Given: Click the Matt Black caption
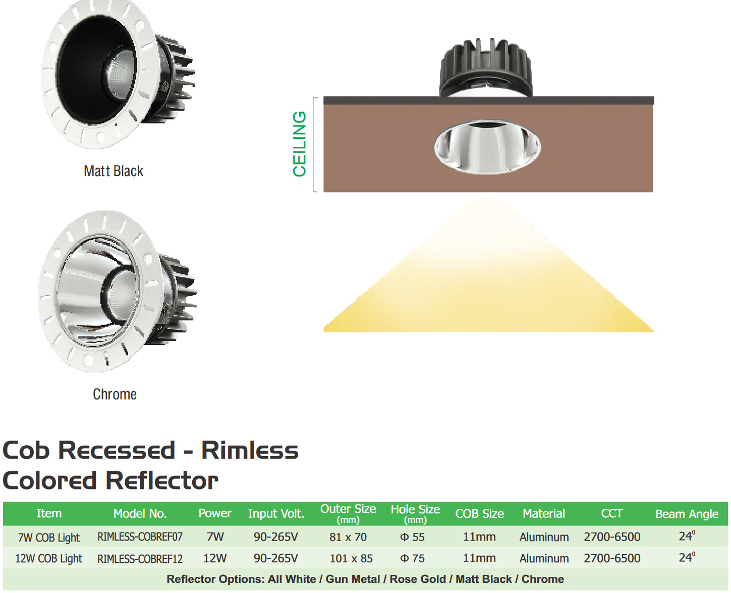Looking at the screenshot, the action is [113, 171].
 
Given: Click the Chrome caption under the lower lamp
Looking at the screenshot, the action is [115, 394].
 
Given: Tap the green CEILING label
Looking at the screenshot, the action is [299, 144].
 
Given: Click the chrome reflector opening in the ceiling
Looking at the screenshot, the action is [487, 147].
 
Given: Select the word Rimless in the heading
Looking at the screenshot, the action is [250, 450].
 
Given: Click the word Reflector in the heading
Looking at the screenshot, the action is [162, 480].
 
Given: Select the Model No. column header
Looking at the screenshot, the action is [140, 513].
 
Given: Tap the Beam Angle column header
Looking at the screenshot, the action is [687, 514].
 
